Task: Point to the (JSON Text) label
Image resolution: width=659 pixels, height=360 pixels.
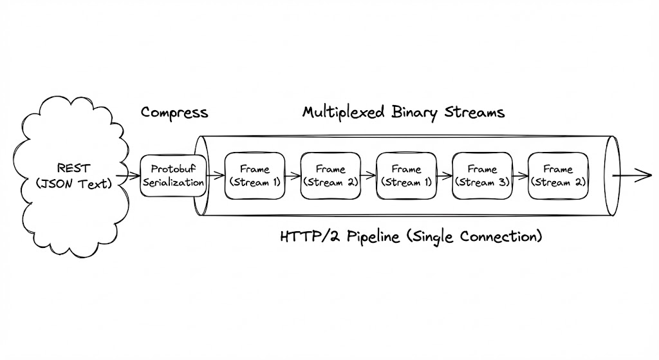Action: pos(74,183)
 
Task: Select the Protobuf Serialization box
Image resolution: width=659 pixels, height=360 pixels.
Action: pos(173,175)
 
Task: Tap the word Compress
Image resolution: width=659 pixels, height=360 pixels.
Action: pos(174,113)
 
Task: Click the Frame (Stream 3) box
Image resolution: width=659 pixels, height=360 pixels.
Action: pos(482,175)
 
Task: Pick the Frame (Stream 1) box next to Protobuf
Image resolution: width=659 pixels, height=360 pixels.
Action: pos(255,175)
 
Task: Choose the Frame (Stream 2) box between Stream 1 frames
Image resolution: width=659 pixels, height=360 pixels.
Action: pos(330,175)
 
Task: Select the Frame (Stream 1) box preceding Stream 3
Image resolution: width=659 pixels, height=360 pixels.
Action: pos(406,175)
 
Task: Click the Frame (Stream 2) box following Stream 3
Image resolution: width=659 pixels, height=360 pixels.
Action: pos(558,175)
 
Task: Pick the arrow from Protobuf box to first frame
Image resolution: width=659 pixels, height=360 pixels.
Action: pos(215,175)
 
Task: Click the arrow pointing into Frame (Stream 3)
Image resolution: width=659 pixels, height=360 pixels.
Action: pos(444,175)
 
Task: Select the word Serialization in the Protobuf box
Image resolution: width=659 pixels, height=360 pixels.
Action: pos(173,182)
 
